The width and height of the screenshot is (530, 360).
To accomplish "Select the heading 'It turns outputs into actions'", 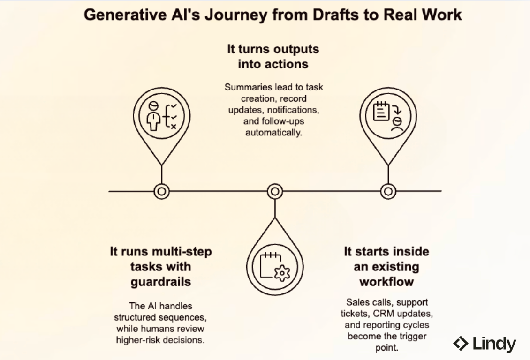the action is pyautogui.click(x=273, y=56).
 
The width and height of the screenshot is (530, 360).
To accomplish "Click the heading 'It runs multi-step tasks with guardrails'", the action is pyautogui.click(x=161, y=266).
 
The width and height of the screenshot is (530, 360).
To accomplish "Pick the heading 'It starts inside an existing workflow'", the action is pyautogui.click(x=386, y=266).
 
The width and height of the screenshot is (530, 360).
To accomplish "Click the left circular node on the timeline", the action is pyautogui.click(x=162, y=191).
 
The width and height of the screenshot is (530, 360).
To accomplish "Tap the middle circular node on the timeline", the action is pyautogui.click(x=275, y=191).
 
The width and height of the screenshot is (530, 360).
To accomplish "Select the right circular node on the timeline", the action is pyautogui.click(x=388, y=191).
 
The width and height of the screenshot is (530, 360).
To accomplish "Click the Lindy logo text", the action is pyautogui.click(x=494, y=344).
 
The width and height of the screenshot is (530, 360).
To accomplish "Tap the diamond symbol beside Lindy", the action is pyautogui.click(x=461, y=344).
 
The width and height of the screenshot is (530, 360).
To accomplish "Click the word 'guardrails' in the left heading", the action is pyautogui.click(x=161, y=282).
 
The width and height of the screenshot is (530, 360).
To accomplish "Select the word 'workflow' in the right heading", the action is pyautogui.click(x=386, y=282).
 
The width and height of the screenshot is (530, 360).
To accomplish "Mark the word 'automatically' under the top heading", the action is pyautogui.click(x=274, y=132).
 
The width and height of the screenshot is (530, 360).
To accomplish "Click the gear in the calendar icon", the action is pyautogui.click(x=282, y=272).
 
